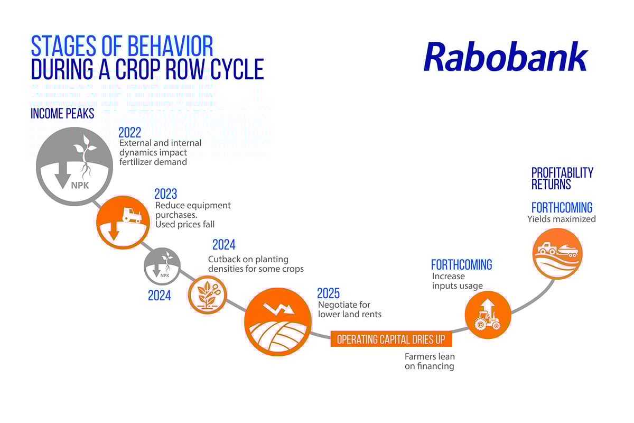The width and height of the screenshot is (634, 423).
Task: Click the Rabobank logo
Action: (x=505, y=57)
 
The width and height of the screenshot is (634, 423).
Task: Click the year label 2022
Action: (x=129, y=133)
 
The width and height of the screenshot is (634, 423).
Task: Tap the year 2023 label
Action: (x=165, y=194)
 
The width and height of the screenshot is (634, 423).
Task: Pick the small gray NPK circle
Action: (x=163, y=266)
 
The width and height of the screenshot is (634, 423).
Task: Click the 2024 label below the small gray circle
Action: (x=159, y=296)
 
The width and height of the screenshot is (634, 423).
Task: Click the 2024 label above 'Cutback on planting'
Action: (x=223, y=245)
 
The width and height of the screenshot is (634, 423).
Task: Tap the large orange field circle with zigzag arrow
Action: (x=277, y=322)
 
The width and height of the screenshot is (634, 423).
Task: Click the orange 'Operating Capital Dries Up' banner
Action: (x=391, y=339)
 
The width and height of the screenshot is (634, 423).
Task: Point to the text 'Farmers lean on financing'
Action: (x=429, y=361)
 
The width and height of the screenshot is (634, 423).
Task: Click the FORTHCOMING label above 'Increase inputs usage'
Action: (x=461, y=264)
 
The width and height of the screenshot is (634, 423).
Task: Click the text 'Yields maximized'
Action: (x=561, y=219)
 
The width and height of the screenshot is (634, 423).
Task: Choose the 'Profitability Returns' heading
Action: (x=562, y=179)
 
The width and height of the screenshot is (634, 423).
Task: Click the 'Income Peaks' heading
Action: (x=62, y=114)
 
